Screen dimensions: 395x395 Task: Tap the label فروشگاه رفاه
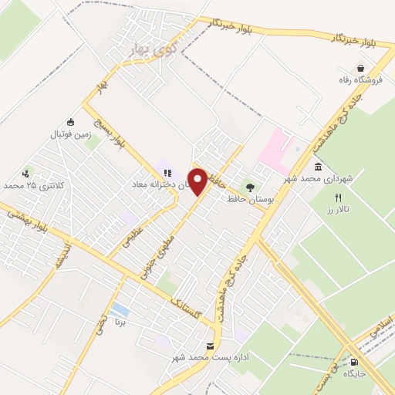359,79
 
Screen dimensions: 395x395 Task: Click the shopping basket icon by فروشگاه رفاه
359,67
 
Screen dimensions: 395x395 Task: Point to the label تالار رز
336,209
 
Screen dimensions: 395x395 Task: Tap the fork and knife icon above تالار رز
337,197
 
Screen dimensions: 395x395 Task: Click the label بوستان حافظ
248,198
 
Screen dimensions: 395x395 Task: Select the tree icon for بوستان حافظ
248,186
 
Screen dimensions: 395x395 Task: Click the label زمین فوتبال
71,134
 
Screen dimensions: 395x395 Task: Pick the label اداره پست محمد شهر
211,359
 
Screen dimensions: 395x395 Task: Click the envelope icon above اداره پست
211,346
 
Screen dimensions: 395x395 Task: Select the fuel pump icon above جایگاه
354,362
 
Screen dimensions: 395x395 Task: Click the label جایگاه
354,373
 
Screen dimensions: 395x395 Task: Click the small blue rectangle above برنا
120,311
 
